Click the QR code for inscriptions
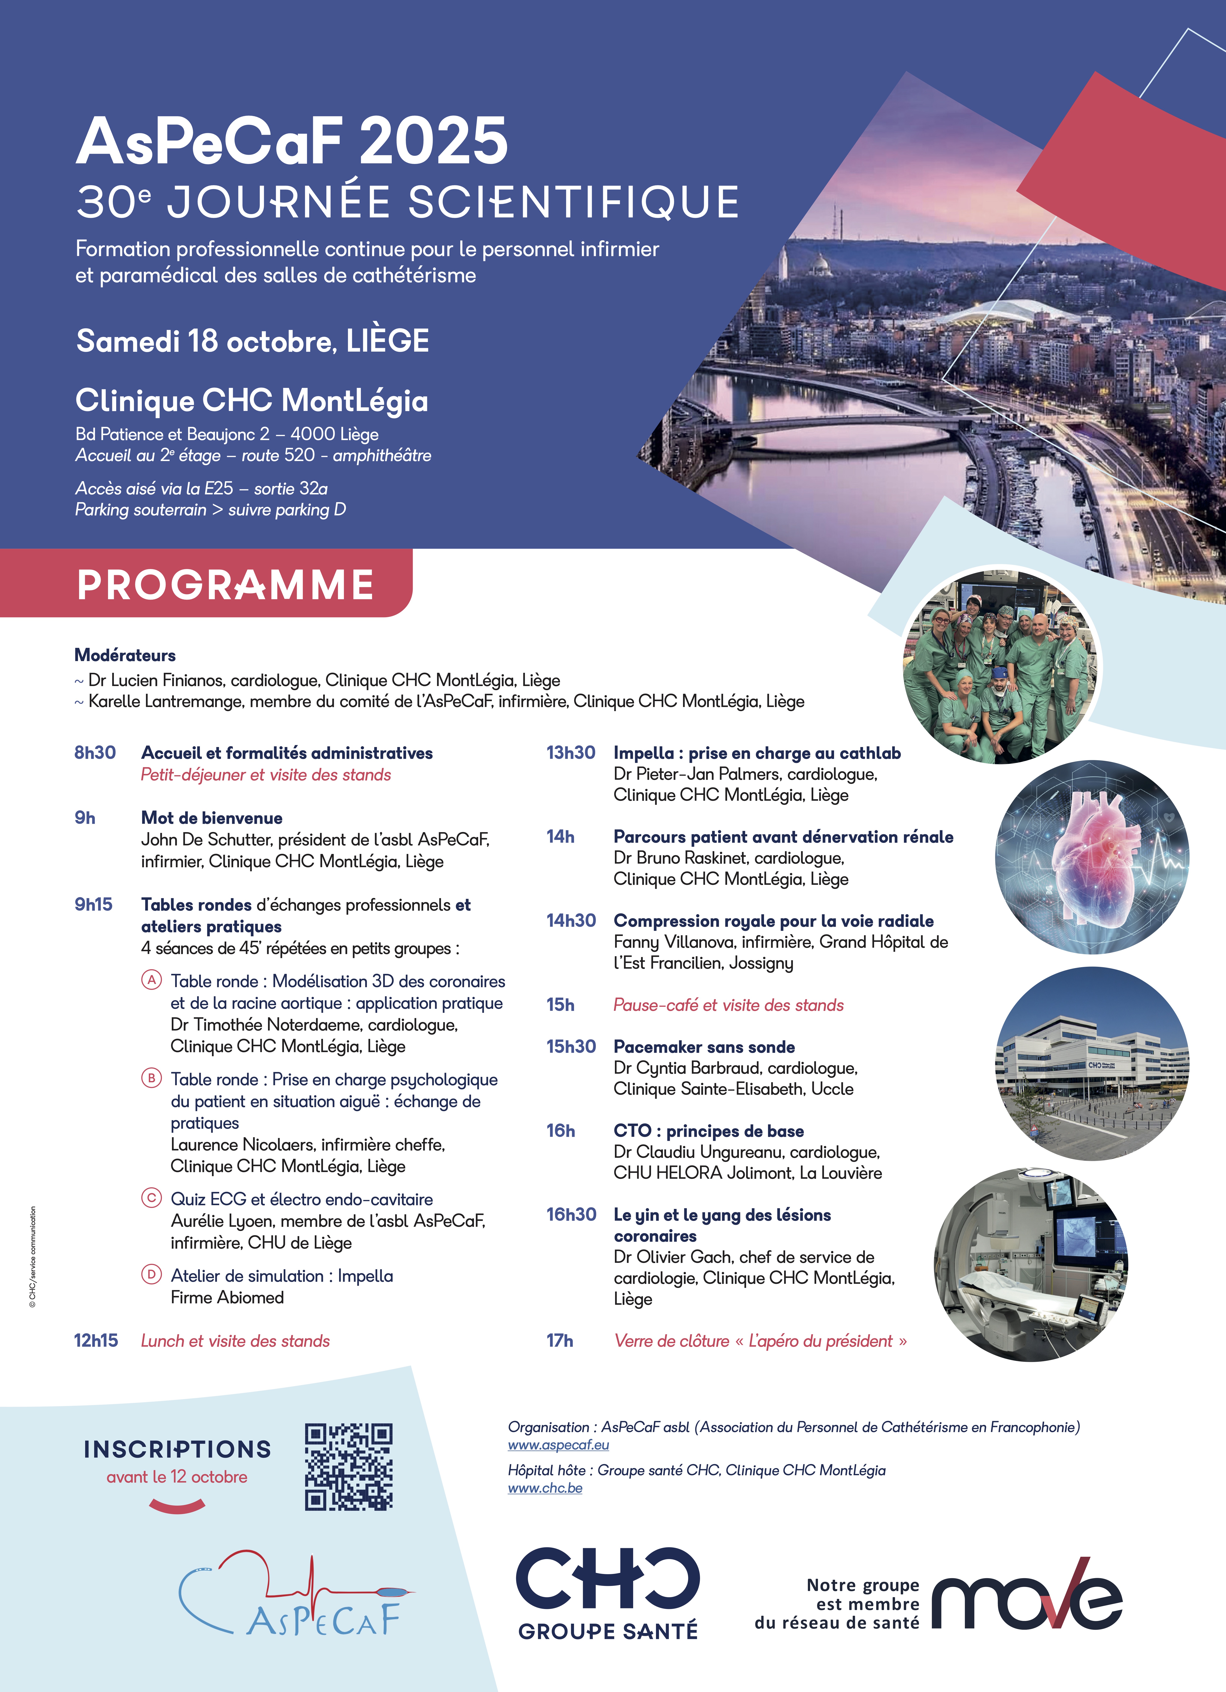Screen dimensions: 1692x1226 (x=349, y=1467)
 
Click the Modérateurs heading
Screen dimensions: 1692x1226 (x=125, y=655)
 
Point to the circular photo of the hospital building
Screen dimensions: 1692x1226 (x=1092, y=1063)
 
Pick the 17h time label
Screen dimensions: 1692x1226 (x=560, y=1341)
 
